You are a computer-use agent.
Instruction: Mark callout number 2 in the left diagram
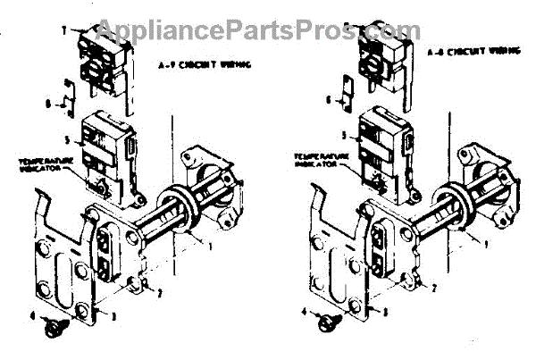point(159,293)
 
